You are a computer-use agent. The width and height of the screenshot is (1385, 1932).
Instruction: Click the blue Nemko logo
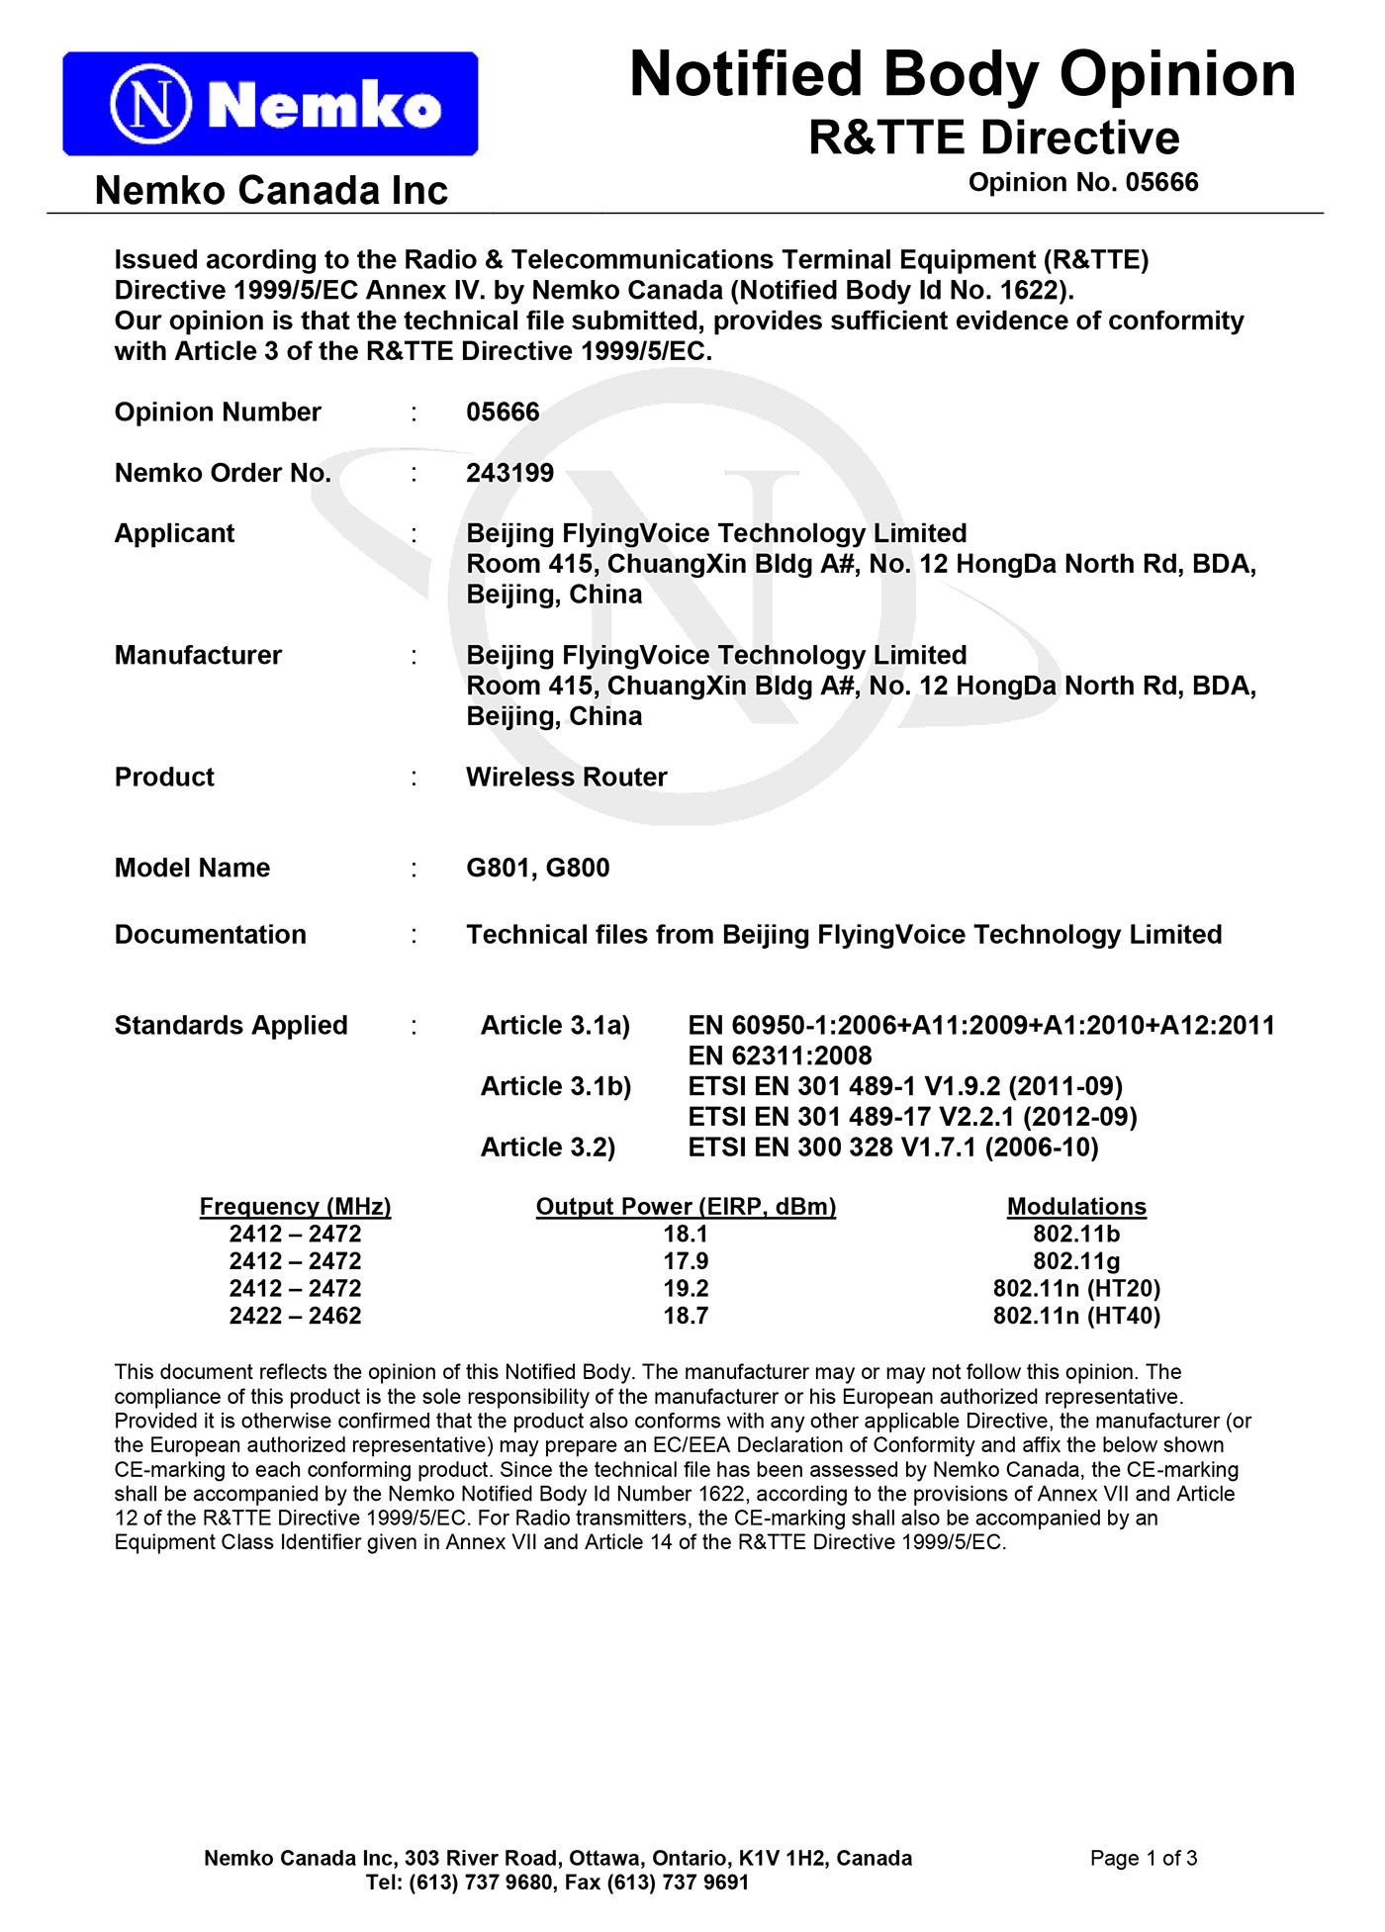[270, 104]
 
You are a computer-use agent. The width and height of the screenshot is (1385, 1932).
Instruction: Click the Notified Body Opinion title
[962, 74]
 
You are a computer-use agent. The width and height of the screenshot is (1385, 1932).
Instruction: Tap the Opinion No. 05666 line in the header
[1082, 183]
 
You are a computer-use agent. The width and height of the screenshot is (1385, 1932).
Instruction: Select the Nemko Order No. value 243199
[509, 473]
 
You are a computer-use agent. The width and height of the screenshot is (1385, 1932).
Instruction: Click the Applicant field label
[174, 533]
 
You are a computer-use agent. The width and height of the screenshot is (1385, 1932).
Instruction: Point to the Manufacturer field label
[198, 655]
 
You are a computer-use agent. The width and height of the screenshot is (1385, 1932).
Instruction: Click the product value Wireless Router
[566, 777]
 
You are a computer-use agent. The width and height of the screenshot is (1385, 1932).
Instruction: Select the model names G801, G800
[537, 868]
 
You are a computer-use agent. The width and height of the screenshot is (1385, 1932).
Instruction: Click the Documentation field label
[210, 934]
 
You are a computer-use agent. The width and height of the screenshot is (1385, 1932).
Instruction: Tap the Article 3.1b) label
[555, 1086]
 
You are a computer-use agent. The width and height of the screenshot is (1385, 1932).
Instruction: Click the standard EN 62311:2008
[780, 1056]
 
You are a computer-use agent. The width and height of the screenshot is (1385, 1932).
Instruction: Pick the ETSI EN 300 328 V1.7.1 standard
[892, 1147]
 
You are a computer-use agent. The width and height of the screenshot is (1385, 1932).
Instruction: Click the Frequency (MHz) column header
[295, 1206]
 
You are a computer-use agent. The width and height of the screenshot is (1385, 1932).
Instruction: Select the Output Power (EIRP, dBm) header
[686, 1206]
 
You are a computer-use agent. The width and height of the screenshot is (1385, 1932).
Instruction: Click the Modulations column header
[1076, 1206]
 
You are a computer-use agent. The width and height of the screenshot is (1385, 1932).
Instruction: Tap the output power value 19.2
[686, 1288]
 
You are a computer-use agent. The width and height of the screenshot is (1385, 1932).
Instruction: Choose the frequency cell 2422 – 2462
[295, 1316]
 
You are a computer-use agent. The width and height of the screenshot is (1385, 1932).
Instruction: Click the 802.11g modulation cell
[1076, 1261]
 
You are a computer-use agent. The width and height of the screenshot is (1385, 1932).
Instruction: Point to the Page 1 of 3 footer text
[1143, 1858]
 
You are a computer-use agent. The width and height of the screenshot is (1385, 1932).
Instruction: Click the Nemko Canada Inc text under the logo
[271, 190]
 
